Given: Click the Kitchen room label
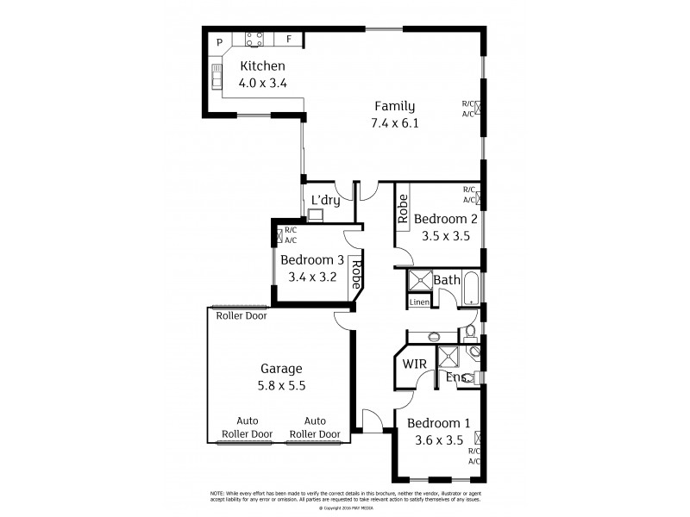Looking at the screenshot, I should pos(262,66).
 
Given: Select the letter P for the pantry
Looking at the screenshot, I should pos(220,40).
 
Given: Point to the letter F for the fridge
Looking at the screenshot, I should pos(289,40).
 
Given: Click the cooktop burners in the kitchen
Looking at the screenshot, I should pos(254,38).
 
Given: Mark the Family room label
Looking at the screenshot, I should pos(394,106).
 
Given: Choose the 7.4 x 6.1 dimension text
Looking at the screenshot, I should pos(394,123).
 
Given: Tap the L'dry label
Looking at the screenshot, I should pos(325,200).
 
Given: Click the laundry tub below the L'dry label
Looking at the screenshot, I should pos(316,215).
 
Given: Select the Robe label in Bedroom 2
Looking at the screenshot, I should pos(403,209).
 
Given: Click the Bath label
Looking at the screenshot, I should pos(447,280).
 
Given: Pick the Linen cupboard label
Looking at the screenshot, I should pos(419,302).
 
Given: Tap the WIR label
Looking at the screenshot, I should pos(416,363).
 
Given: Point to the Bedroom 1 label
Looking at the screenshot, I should pos(438,423).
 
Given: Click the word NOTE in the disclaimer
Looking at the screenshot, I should pos(220,492).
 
